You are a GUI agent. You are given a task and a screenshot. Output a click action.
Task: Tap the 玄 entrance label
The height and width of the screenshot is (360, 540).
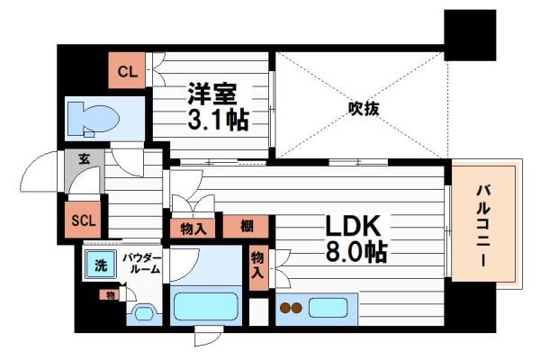[x=83, y=160]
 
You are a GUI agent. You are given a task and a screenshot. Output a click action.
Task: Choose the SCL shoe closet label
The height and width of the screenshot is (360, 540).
[x=83, y=220]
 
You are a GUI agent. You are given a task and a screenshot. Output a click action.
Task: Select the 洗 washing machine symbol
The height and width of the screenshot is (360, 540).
[x=96, y=265]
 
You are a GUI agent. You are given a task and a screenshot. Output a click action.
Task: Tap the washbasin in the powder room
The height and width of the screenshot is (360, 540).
[x=143, y=314]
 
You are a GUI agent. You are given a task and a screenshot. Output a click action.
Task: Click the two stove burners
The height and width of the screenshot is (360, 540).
[x=292, y=309]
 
